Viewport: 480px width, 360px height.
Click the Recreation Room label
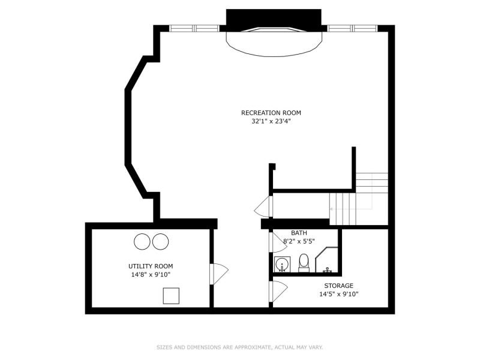(271, 113)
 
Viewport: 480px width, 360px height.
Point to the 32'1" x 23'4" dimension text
(271, 121)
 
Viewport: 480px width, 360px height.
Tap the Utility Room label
(151, 266)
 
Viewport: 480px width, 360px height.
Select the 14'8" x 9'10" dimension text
(151, 275)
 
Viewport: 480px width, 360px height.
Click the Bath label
(299, 233)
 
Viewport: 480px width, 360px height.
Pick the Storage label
(338, 286)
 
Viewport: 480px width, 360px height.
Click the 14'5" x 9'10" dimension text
(339, 294)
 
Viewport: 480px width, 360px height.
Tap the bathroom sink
(282, 265)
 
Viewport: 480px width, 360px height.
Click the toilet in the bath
(304, 263)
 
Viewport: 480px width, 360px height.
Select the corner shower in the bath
(326, 260)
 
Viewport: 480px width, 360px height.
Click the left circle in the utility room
(142, 241)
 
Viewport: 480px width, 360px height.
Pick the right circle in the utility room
(160, 241)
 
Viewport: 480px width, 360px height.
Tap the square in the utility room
(171, 296)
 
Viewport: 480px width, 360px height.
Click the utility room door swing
(219, 274)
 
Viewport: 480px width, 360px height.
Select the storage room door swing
(278, 291)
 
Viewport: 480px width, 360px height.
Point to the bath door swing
(278, 242)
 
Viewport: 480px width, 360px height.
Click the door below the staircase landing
(263, 206)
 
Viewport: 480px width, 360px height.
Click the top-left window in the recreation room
(194, 28)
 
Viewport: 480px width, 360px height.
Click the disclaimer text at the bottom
(240, 347)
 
